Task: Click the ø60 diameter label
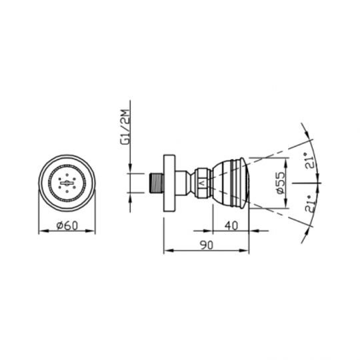click(67, 226)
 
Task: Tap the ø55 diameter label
click(282, 183)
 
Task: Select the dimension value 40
click(231, 226)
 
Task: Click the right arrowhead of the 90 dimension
click(248, 251)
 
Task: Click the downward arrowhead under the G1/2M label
click(131, 169)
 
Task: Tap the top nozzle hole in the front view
click(67, 172)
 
